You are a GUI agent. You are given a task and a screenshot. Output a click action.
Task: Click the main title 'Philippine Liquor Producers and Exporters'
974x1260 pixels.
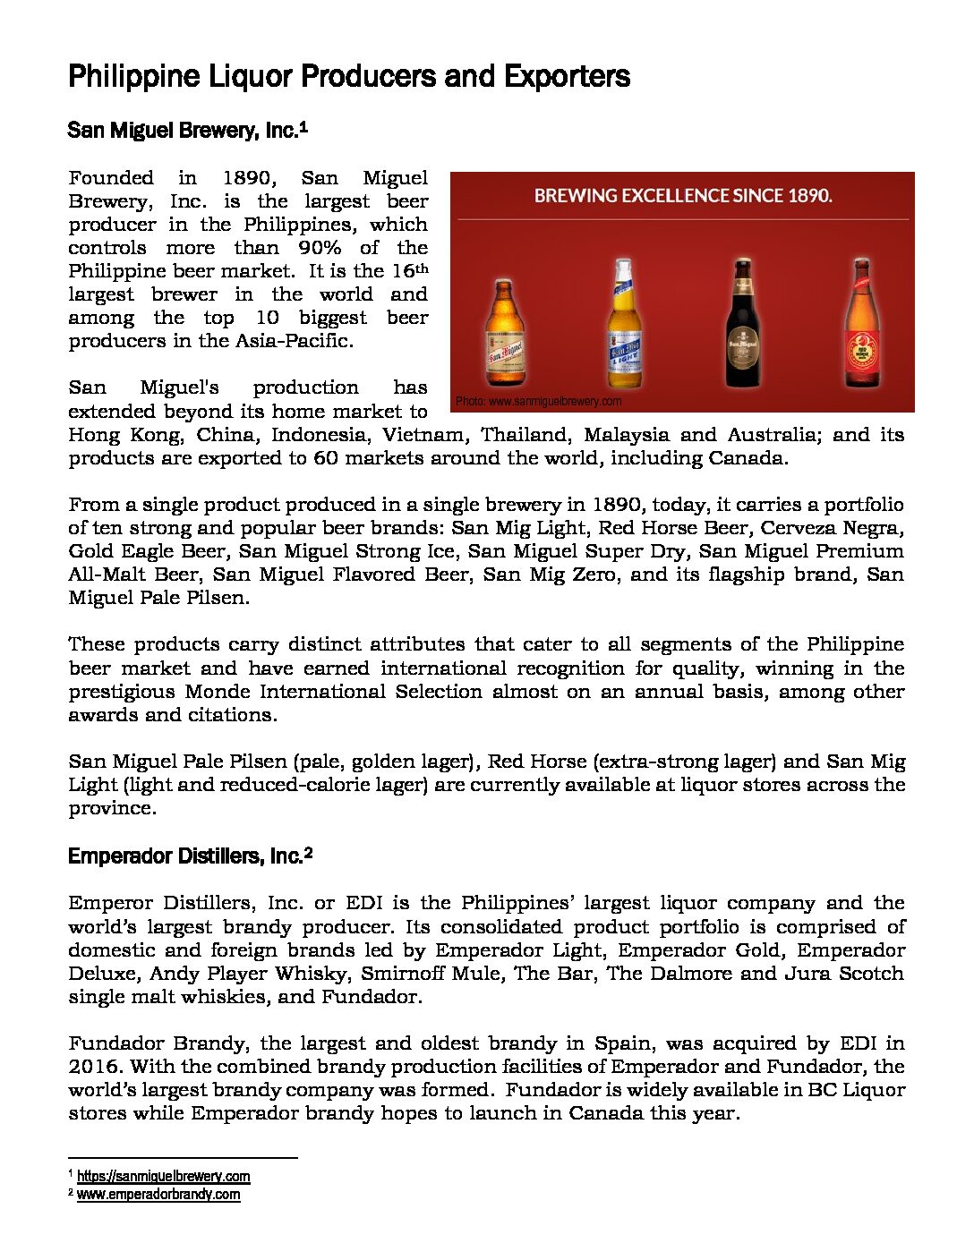click(349, 77)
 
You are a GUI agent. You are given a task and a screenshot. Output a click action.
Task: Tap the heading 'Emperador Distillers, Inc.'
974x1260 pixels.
click(184, 856)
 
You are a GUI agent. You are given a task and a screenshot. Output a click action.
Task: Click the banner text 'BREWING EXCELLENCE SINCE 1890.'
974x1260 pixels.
click(683, 195)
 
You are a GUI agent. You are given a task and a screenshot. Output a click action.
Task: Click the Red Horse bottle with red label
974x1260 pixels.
click(861, 324)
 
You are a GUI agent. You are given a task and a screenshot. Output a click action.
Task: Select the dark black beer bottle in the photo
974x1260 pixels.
click(743, 324)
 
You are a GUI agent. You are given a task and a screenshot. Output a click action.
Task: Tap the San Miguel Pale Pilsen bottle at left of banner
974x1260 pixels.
click(504, 333)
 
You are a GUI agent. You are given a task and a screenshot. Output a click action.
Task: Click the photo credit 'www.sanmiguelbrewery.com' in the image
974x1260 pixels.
click(538, 402)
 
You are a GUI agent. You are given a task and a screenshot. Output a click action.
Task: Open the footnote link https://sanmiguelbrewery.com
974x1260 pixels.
click(163, 1177)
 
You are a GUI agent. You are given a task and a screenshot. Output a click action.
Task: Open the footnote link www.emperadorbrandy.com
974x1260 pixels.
click(158, 1195)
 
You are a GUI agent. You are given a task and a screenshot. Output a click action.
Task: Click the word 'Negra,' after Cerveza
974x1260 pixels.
click(866, 528)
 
